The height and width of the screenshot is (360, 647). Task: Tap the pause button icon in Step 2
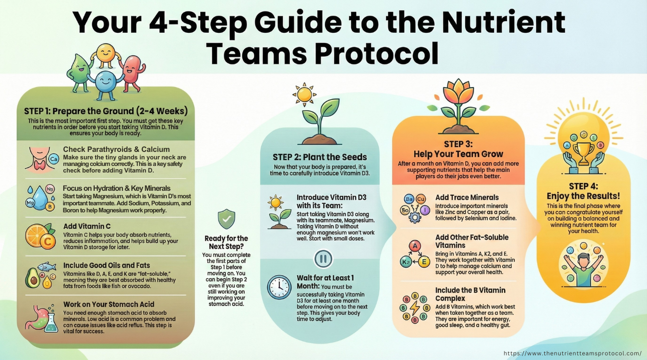click(x=323, y=258)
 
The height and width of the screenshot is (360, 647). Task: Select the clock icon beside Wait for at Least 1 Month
click(x=279, y=287)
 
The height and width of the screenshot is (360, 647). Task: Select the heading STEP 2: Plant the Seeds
click(x=320, y=157)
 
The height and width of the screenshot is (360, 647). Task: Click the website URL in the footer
click(x=572, y=353)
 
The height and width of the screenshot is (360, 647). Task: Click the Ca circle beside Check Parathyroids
click(x=54, y=160)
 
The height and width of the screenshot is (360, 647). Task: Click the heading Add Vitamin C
click(x=87, y=226)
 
